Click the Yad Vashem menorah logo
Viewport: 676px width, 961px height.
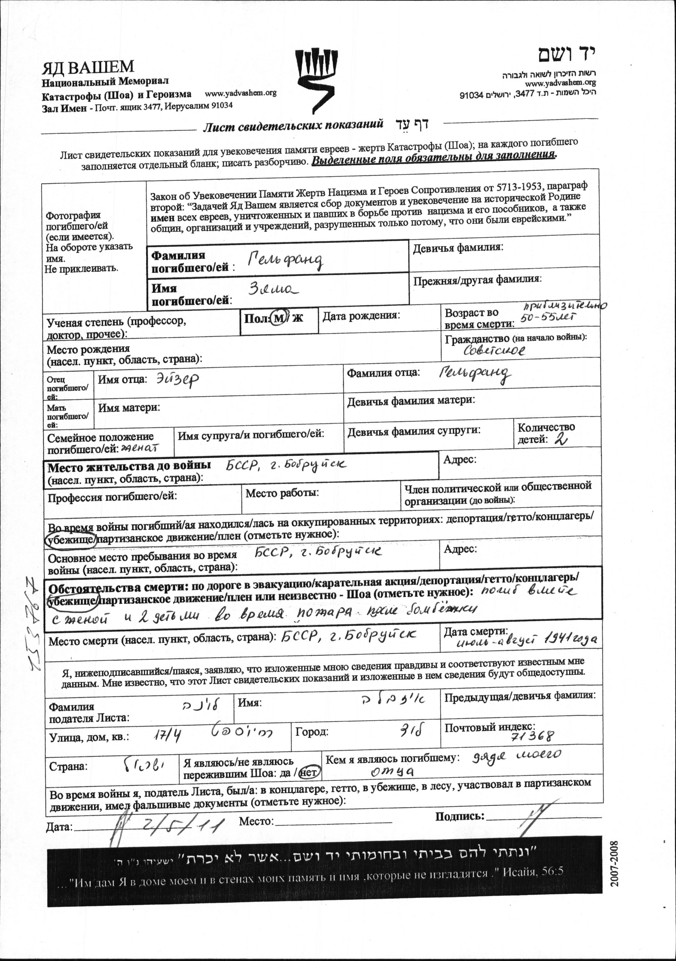[315, 80]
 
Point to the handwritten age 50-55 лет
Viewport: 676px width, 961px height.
[548, 317]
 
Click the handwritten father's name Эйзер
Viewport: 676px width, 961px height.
[177, 379]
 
